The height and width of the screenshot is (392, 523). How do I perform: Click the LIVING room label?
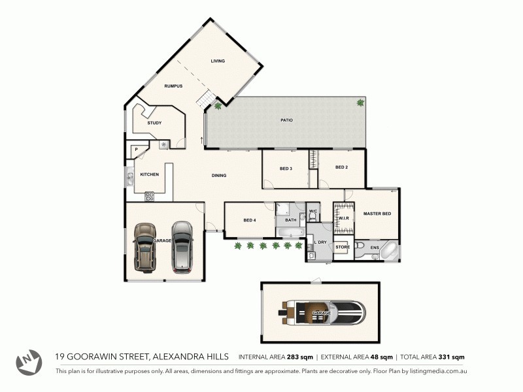point(218,61)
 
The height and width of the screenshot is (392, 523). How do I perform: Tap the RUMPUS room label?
point(173,86)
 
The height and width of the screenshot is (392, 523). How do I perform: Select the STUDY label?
point(154,123)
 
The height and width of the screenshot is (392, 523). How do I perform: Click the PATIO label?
point(286,120)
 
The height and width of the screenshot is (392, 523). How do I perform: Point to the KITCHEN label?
point(150,174)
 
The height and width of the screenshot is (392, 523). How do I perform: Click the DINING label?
point(219,175)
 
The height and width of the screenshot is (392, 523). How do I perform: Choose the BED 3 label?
point(286,169)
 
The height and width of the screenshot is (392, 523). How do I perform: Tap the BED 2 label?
point(341,167)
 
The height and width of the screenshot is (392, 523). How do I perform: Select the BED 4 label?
point(249,220)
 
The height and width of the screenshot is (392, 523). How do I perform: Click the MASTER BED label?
point(377,214)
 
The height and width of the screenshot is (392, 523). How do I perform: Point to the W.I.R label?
point(343,218)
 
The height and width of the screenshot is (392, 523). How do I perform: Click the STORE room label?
point(343,247)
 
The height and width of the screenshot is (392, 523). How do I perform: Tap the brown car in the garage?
point(145,247)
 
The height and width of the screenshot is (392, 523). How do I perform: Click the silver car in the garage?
point(182,246)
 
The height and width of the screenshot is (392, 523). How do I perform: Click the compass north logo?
point(29,362)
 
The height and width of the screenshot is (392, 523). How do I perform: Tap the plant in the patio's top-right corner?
point(360,103)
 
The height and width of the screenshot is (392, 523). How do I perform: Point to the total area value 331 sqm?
point(448,357)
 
